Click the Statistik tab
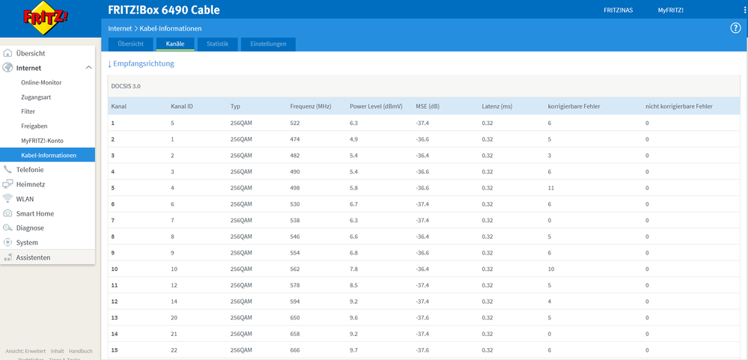click(218, 44)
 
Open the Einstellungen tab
click(268, 44)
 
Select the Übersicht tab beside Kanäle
click(131, 44)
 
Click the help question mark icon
click(735, 28)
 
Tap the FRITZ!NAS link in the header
click(618, 10)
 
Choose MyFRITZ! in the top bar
click(671, 10)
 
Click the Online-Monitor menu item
click(41, 82)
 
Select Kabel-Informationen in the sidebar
click(49, 155)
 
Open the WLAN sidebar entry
click(25, 199)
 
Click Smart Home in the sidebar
click(35, 213)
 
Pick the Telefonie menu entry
click(30, 169)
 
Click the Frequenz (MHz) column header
click(311, 106)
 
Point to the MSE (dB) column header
click(428, 106)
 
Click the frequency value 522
click(295, 123)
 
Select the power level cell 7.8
click(354, 269)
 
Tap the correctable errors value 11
click(551, 188)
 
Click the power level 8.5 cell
click(354, 285)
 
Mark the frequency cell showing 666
click(295, 350)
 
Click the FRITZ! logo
click(46, 19)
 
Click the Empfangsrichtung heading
click(141, 64)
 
